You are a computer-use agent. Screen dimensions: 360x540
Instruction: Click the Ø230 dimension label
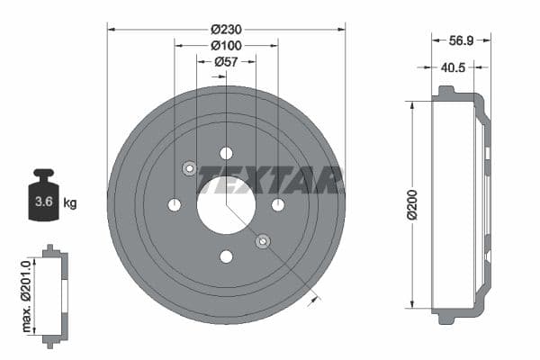coord(226,28)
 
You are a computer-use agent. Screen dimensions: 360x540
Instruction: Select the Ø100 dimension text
coord(226,44)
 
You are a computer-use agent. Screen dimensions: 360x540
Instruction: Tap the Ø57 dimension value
coord(226,61)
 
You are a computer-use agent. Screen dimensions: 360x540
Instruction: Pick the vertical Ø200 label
coord(412,204)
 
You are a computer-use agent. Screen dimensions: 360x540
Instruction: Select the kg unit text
coord(70,202)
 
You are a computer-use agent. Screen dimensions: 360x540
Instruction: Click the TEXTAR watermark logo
coord(270,179)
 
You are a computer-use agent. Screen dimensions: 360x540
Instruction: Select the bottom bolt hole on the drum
coord(226,256)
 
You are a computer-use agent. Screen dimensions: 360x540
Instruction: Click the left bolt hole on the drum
coord(175,205)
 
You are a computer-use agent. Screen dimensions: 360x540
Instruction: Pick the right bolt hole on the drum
coord(278,205)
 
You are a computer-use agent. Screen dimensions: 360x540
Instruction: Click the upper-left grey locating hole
coord(190,168)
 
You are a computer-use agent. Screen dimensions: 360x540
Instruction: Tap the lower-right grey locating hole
coord(263,241)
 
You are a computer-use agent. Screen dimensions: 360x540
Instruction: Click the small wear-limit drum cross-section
coord(54,293)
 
